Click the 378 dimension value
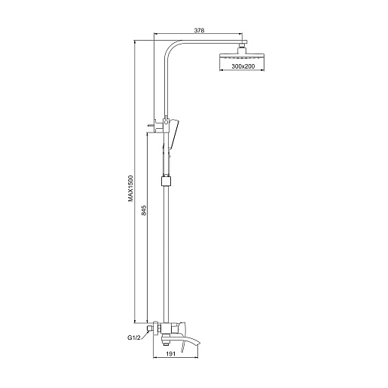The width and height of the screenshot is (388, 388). (199, 30)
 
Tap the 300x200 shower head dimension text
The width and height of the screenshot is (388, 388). (243, 66)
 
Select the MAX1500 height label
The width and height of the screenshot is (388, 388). (130, 188)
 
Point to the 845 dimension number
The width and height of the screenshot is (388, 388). (144, 210)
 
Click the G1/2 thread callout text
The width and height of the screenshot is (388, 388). (133, 338)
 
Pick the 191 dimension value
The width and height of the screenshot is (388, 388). (170, 353)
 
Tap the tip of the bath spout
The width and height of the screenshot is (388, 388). (200, 342)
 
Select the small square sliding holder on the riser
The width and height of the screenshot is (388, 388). (167, 182)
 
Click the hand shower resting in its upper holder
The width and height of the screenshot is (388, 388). (174, 134)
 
